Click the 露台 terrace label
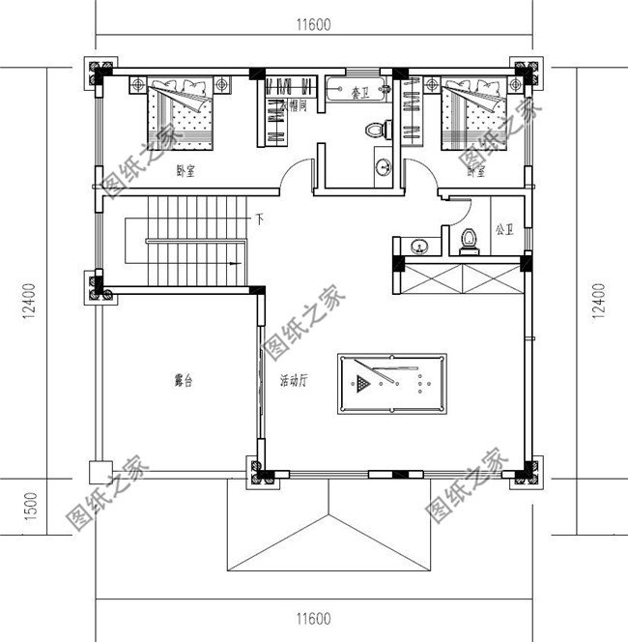click(183, 381)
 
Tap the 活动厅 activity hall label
click(293, 381)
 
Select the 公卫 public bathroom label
click(503, 230)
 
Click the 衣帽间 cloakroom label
click(293, 106)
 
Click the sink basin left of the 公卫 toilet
click(420, 246)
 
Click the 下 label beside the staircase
click(259, 220)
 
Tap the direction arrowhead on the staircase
click(234, 262)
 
